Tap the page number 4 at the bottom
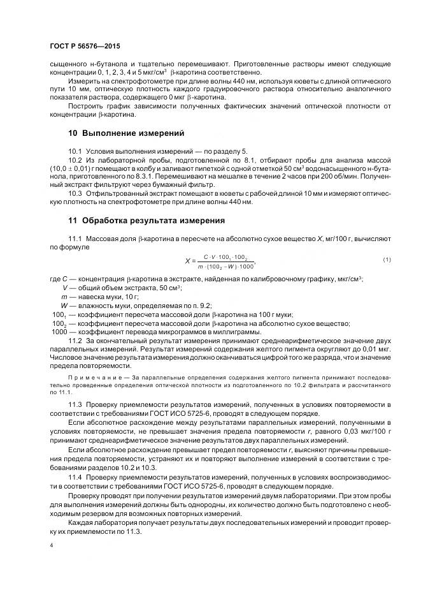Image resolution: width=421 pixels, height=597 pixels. (50, 546)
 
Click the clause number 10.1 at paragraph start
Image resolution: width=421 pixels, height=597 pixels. (75, 151)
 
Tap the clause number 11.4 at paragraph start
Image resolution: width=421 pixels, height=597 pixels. (75, 477)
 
